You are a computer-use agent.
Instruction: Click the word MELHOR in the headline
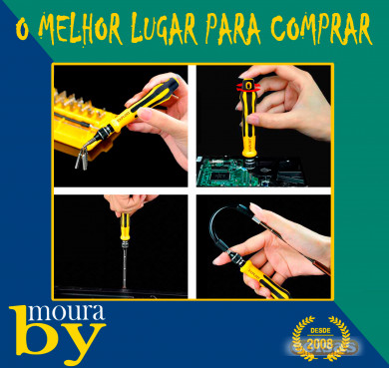click(81, 29)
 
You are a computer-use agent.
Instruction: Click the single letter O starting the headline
click(22, 32)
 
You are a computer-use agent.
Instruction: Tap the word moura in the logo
click(69, 313)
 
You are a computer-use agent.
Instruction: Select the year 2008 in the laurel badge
click(320, 344)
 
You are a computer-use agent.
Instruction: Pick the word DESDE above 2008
click(320, 331)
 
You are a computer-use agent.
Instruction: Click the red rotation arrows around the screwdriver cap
click(249, 86)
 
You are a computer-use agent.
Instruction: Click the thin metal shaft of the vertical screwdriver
click(125, 267)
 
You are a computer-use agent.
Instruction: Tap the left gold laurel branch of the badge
click(300, 339)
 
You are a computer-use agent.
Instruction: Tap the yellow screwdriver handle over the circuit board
click(248, 120)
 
